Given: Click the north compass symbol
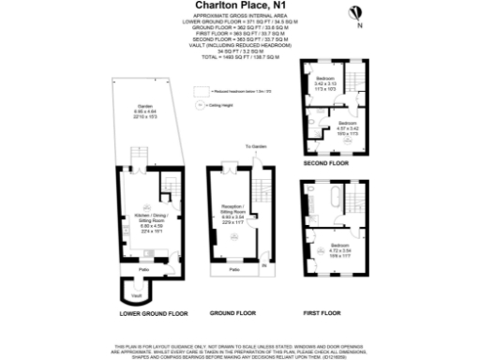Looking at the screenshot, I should click(x=355, y=13).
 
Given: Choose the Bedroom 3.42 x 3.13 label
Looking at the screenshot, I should click(x=325, y=81).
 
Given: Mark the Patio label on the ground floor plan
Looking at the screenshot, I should click(x=232, y=271).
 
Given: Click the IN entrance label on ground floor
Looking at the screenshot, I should click(x=264, y=267).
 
